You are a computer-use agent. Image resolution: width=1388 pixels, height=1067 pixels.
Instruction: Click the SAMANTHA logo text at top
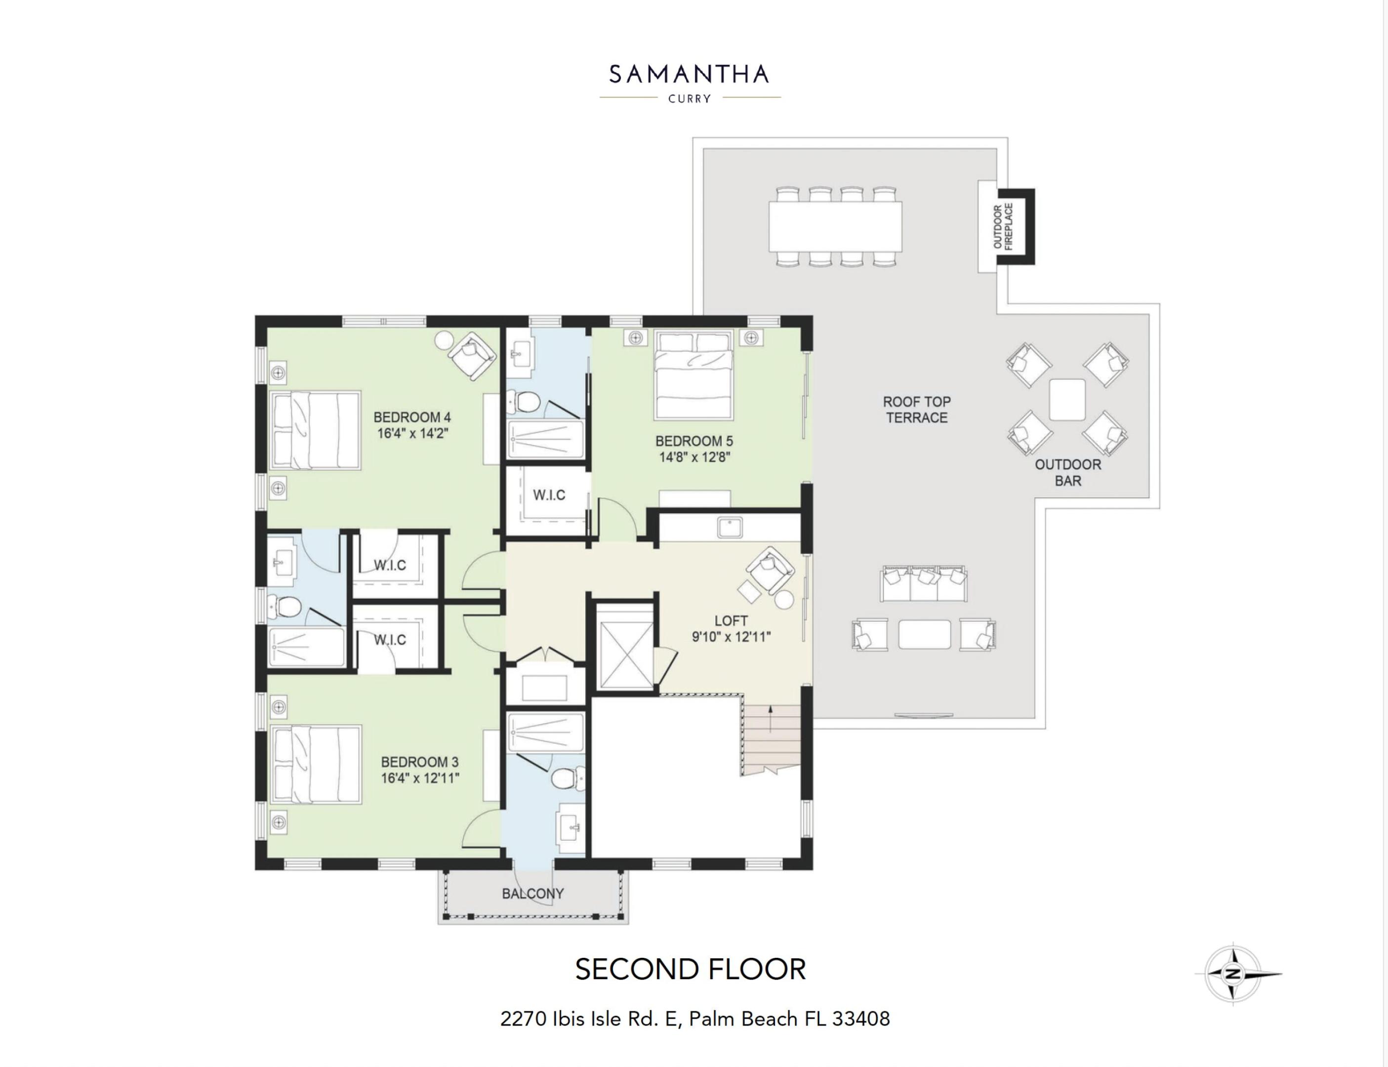689,75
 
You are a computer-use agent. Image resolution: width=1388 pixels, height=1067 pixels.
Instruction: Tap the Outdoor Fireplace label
1003,227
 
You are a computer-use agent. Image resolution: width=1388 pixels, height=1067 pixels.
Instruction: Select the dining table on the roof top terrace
835,226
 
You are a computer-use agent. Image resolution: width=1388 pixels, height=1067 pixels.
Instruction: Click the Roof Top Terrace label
916,410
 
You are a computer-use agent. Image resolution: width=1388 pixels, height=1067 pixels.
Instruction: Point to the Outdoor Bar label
1067,473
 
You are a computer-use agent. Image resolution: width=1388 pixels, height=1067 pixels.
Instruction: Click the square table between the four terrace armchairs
1067,400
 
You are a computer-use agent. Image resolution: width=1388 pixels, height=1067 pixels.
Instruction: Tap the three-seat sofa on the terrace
923,583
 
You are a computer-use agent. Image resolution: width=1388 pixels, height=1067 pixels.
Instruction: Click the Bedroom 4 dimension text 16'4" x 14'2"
413,434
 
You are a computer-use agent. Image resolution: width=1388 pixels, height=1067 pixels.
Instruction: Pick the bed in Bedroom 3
316,765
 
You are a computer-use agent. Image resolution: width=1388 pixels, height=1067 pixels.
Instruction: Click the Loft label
731,620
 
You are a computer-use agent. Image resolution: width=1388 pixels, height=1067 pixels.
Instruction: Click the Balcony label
532,894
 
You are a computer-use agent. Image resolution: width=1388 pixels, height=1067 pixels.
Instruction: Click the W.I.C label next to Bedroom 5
549,495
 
